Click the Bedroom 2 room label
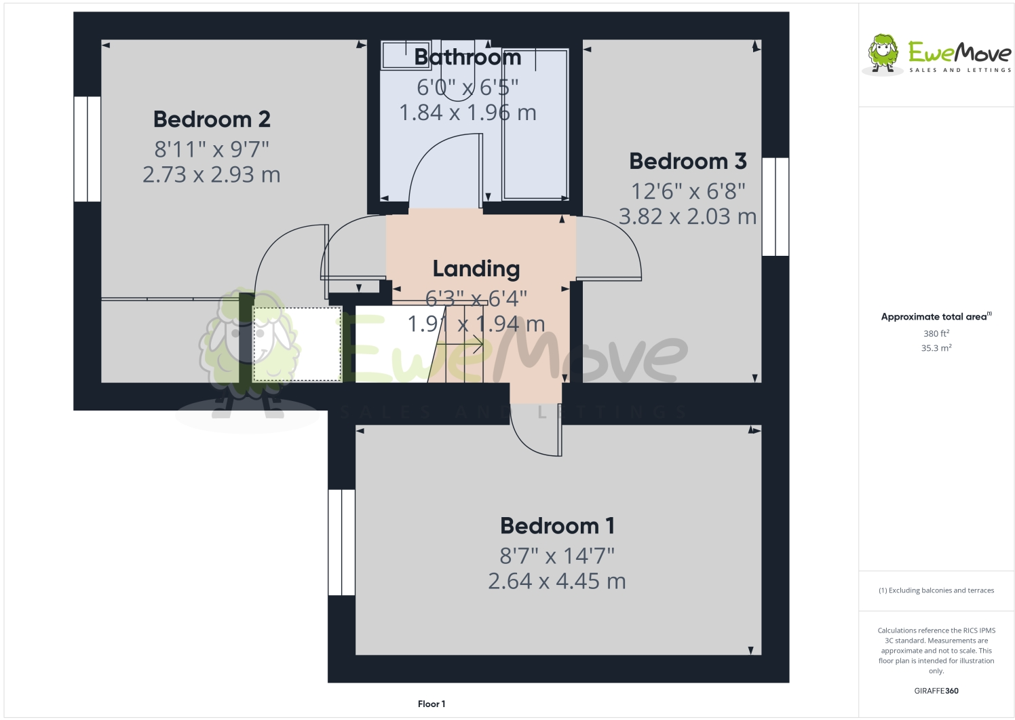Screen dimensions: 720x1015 [x=212, y=119]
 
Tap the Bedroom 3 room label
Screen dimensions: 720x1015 [x=687, y=162]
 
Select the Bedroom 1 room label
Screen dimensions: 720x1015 [x=557, y=526]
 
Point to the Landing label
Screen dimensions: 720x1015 [x=476, y=269]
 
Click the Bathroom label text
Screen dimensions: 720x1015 [x=467, y=58]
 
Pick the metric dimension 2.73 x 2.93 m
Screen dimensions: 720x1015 [x=212, y=175]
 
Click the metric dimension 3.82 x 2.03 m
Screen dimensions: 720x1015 [x=687, y=217]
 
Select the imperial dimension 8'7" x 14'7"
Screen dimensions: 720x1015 [x=557, y=556]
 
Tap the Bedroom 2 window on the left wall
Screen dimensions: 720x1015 [x=88, y=149]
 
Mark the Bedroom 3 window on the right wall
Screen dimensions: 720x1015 [x=775, y=206]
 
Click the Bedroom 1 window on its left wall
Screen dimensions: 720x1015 [x=342, y=542]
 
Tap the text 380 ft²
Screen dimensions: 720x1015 [x=936, y=334]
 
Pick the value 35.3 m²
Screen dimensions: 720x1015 [x=936, y=348]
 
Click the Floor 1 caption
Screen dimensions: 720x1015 [x=432, y=704]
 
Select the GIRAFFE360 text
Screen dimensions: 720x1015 [x=936, y=691]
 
